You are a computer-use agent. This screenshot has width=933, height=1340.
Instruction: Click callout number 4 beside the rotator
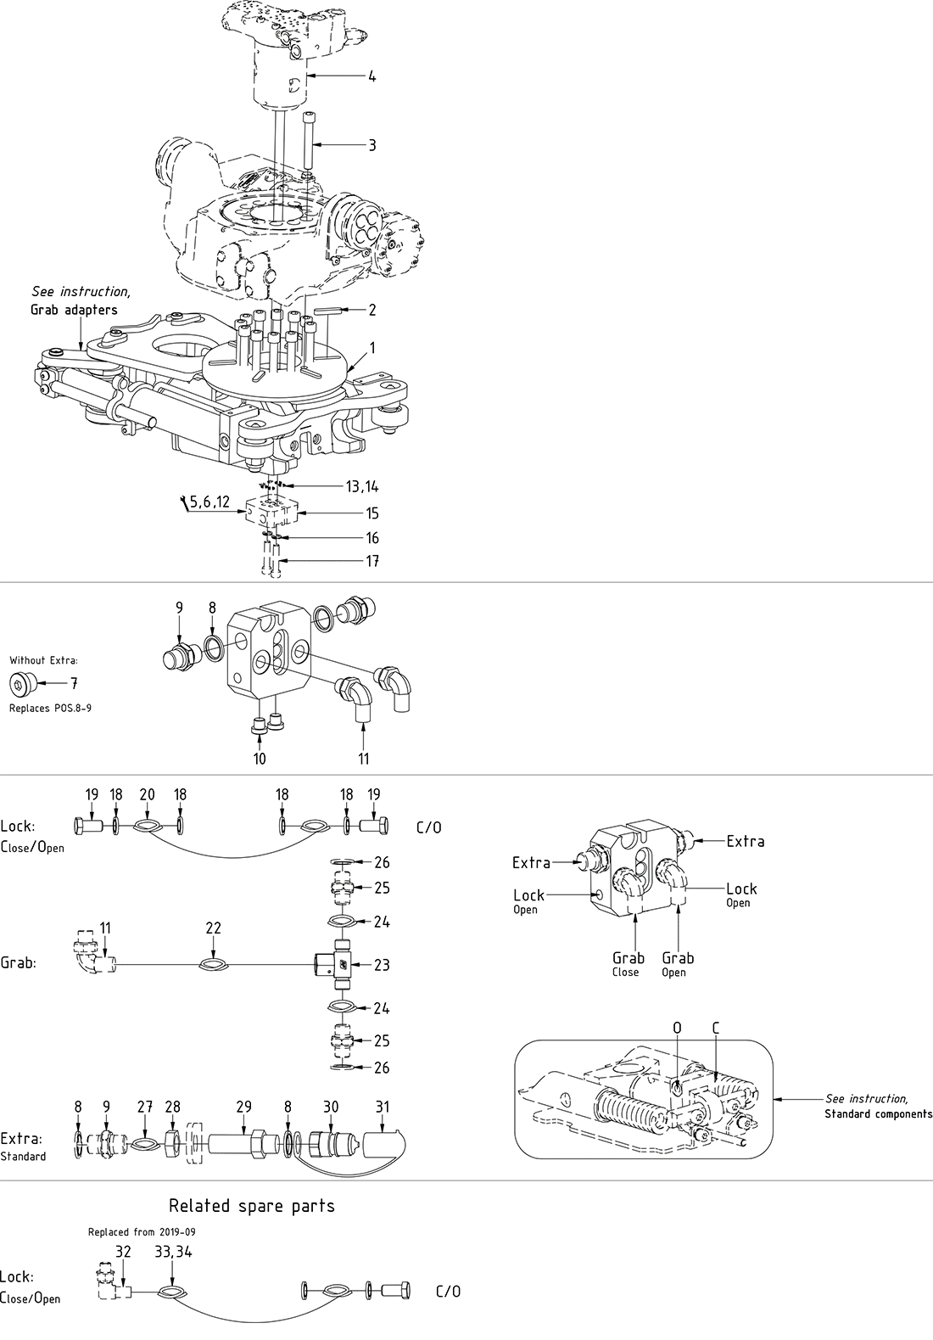coord(372,76)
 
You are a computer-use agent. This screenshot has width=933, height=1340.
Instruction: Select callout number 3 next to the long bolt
coord(372,145)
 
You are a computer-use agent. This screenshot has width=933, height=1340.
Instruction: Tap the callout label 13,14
coord(362,486)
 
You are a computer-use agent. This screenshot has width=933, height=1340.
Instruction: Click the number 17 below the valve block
coord(372,561)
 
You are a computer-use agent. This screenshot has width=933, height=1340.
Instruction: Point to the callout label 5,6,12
coord(209,502)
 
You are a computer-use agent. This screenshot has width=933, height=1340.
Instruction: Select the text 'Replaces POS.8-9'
coord(50,707)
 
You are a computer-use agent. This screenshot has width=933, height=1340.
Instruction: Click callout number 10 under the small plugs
coord(260,758)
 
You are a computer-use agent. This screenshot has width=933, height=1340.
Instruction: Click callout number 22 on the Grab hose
coord(213,929)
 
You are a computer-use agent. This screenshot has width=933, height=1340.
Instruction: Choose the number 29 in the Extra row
coord(243,1107)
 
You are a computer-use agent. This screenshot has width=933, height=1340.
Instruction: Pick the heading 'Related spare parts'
coord(252,1206)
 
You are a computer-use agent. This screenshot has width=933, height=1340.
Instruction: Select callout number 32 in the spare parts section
coord(123,1251)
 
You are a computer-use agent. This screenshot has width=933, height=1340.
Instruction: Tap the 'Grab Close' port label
coord(628,963)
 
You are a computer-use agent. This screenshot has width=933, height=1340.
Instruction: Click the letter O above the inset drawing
coord(677,1028)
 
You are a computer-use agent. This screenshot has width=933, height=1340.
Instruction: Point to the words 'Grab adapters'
coord(74,310)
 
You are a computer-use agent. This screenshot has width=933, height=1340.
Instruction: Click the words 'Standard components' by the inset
coord(878,1113)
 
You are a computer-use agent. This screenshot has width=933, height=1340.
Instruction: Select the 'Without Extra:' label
coord(43,659)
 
